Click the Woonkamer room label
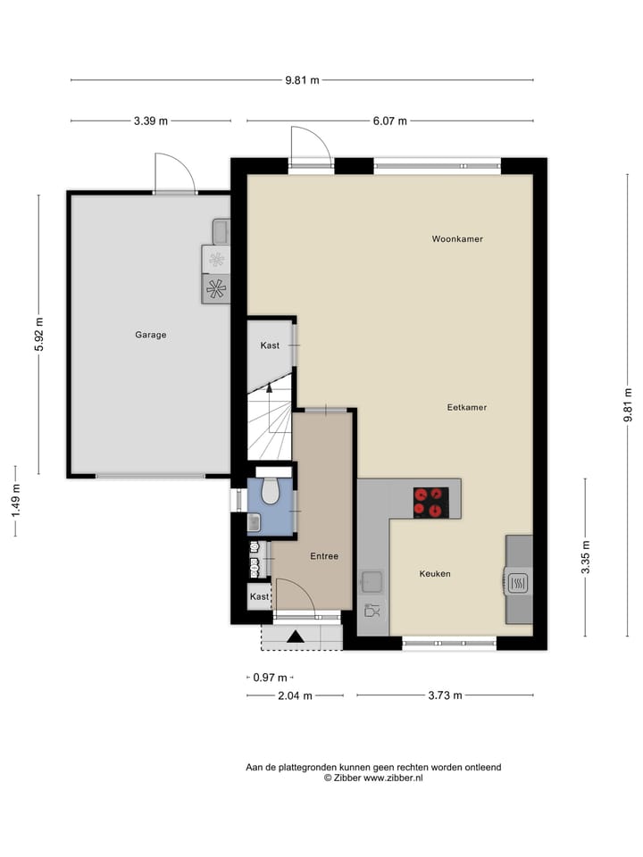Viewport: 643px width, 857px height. point(456,239)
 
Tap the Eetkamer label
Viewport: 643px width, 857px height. point(466,407)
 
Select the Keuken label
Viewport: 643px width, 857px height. point(435,574)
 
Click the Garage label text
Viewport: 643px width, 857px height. point(151,335)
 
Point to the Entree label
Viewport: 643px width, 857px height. point(324,556)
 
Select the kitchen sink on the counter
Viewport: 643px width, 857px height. point(372,583)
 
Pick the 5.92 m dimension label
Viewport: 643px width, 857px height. point(38,335)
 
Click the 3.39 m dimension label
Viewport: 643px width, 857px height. point(150,121)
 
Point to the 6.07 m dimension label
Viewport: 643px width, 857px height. point(390,121)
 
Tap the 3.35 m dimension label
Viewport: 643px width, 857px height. point(586,556)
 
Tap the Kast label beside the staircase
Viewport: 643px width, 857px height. point(270,345)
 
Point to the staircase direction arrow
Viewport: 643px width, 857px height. point(269,387)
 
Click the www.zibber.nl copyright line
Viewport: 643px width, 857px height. point(373,778)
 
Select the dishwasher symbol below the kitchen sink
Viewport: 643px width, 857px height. point(372,612)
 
